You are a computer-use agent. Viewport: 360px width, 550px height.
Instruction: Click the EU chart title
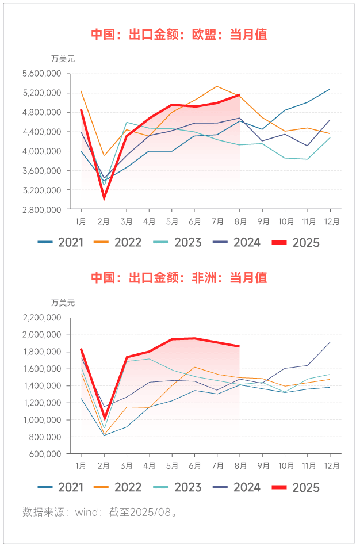[x=179, y=35]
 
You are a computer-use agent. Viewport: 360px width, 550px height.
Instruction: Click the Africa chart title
[x=179, y=278]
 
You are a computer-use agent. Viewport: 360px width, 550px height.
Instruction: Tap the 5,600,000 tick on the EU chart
[x=41, y=74]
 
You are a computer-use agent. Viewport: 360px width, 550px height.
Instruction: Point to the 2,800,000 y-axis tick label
[x=41, y=209]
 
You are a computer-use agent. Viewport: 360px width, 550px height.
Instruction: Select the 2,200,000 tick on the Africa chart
[x=41, y=318]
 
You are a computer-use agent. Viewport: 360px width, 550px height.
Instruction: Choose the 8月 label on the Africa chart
[x=241, y=465]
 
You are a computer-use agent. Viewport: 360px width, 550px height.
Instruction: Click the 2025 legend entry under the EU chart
[x=298, y=243]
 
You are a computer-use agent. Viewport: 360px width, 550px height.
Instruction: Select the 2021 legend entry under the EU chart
[x=62, y=243]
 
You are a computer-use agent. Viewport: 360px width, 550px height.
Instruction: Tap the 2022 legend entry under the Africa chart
[x=120, y=487]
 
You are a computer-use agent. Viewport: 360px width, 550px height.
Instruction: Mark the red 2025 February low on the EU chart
[x=104, y=198]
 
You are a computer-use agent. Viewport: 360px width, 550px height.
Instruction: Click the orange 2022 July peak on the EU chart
[x=217, y=86]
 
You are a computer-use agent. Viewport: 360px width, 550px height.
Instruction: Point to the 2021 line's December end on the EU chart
[x=330, y=89]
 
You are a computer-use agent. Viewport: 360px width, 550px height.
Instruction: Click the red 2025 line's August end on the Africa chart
[x=239, y=346]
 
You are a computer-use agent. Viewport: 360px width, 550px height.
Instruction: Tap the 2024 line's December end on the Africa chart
[x=330, y=342]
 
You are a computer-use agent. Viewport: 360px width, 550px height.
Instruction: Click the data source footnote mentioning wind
[x=100, y=512]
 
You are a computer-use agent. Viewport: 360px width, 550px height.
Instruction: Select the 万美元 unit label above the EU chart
[x=63, y=58]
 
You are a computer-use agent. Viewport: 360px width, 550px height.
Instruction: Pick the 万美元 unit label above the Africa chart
[x=63, y=303]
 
